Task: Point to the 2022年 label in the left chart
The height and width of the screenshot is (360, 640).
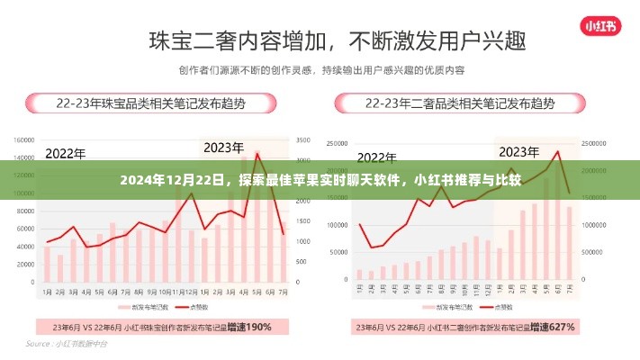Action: [65, 154]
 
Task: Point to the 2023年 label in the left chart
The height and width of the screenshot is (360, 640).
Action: [224, 147]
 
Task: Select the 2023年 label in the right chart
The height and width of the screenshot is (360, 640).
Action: [525, 150]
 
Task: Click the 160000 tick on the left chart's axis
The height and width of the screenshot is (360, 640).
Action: [24, 141]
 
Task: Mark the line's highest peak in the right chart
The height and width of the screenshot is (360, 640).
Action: [558, 151]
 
